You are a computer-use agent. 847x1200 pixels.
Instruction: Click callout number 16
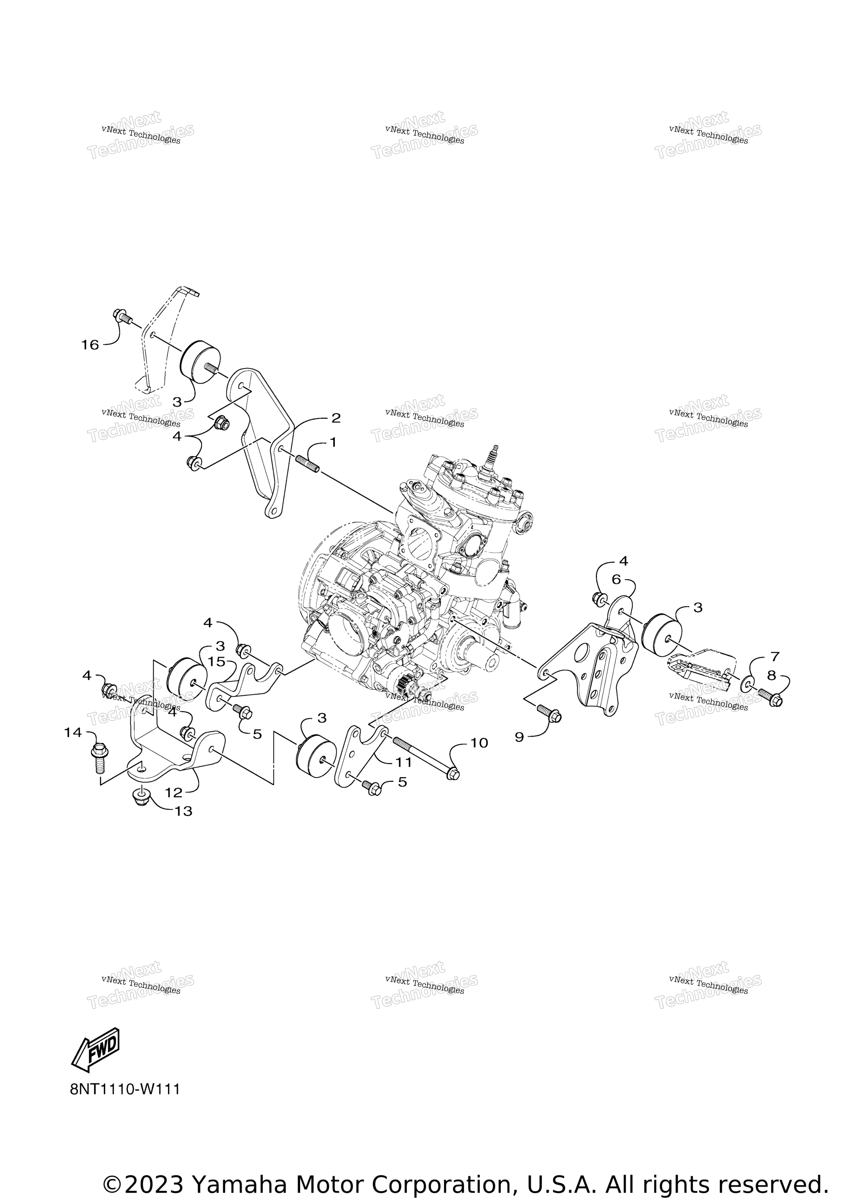(x=90, y=345)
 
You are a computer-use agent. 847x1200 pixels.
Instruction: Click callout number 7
(x=774, y=657)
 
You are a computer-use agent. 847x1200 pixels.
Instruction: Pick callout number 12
(x=173, y=793)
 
